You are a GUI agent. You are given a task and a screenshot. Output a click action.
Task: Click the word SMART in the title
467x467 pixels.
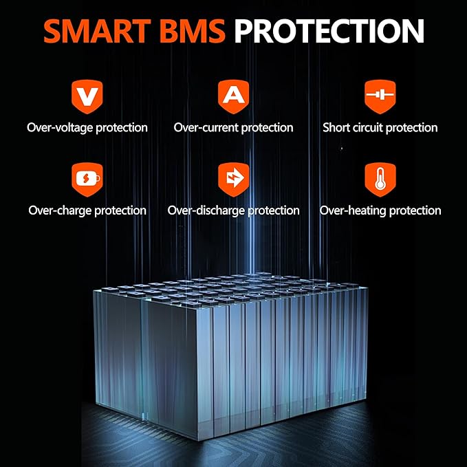tap(97, 31)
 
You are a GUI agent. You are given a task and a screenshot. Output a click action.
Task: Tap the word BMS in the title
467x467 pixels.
tap(193, 31)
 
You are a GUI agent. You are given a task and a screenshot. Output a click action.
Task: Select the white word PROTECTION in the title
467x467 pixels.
tap(329, 31)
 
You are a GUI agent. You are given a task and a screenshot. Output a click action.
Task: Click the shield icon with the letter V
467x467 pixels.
tap(87, 96)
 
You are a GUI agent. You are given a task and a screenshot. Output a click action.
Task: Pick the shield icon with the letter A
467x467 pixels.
tap(234, 96)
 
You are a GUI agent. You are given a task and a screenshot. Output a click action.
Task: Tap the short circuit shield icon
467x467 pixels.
tap(380, 96)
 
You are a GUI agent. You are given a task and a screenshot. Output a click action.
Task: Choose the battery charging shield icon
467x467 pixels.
tap(87, 180)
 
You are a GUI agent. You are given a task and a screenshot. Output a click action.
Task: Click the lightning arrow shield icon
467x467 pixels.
tap(234, 180)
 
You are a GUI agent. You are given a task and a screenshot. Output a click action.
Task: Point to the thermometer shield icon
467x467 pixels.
tap(380, 180)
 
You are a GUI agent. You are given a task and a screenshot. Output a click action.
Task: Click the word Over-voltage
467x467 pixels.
tap(60, 128)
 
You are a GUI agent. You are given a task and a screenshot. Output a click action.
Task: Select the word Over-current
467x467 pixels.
tap(206, 128)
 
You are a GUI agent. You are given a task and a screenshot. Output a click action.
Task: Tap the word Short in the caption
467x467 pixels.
tap(336, 127)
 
